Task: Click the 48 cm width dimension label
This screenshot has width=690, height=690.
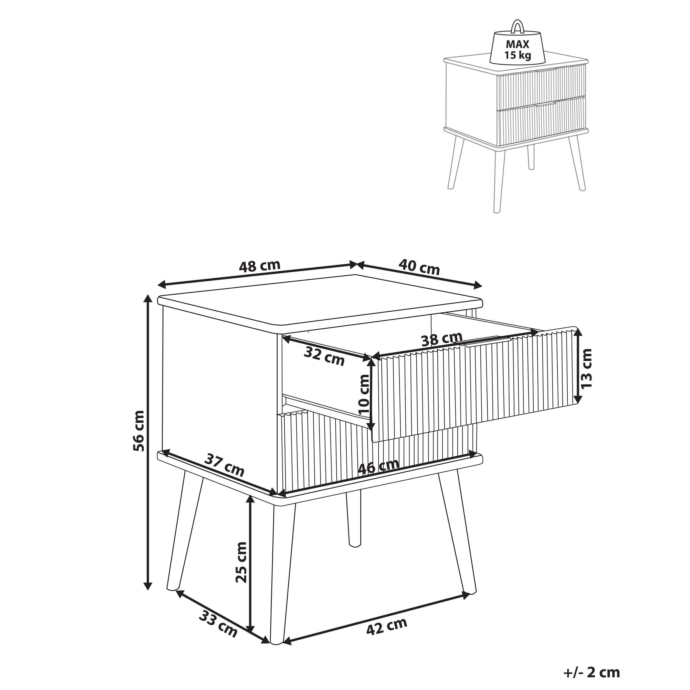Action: coord(260,266)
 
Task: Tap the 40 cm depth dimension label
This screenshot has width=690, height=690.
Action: coord(419,267)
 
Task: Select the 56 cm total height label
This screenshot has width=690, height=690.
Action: coord(139,431)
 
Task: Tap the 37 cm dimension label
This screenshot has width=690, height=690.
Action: coord(224,465)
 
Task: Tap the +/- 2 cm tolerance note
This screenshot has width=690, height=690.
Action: coord(591,672)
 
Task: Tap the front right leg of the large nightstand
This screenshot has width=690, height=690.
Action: coord(457,531)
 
